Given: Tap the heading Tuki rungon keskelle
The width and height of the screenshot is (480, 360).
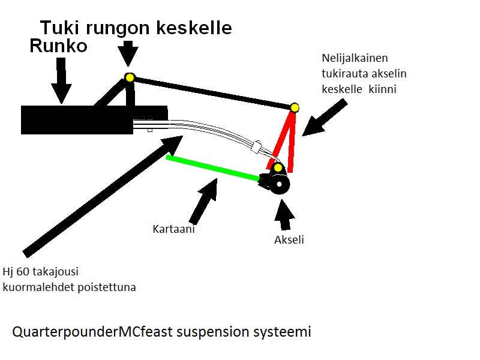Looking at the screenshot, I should click(136, 27).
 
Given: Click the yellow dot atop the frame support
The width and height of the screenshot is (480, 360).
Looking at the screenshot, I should click(129, 77).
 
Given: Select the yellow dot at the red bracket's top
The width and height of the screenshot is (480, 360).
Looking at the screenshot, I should click(295, 107).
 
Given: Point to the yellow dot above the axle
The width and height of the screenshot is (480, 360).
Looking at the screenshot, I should click(278, 167).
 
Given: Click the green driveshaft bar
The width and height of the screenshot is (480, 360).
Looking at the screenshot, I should click(213, 167).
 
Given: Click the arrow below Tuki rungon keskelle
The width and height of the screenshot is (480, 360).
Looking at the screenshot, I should click(127, 55).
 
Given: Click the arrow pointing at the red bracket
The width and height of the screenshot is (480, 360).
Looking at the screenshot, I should click(324, 118).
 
